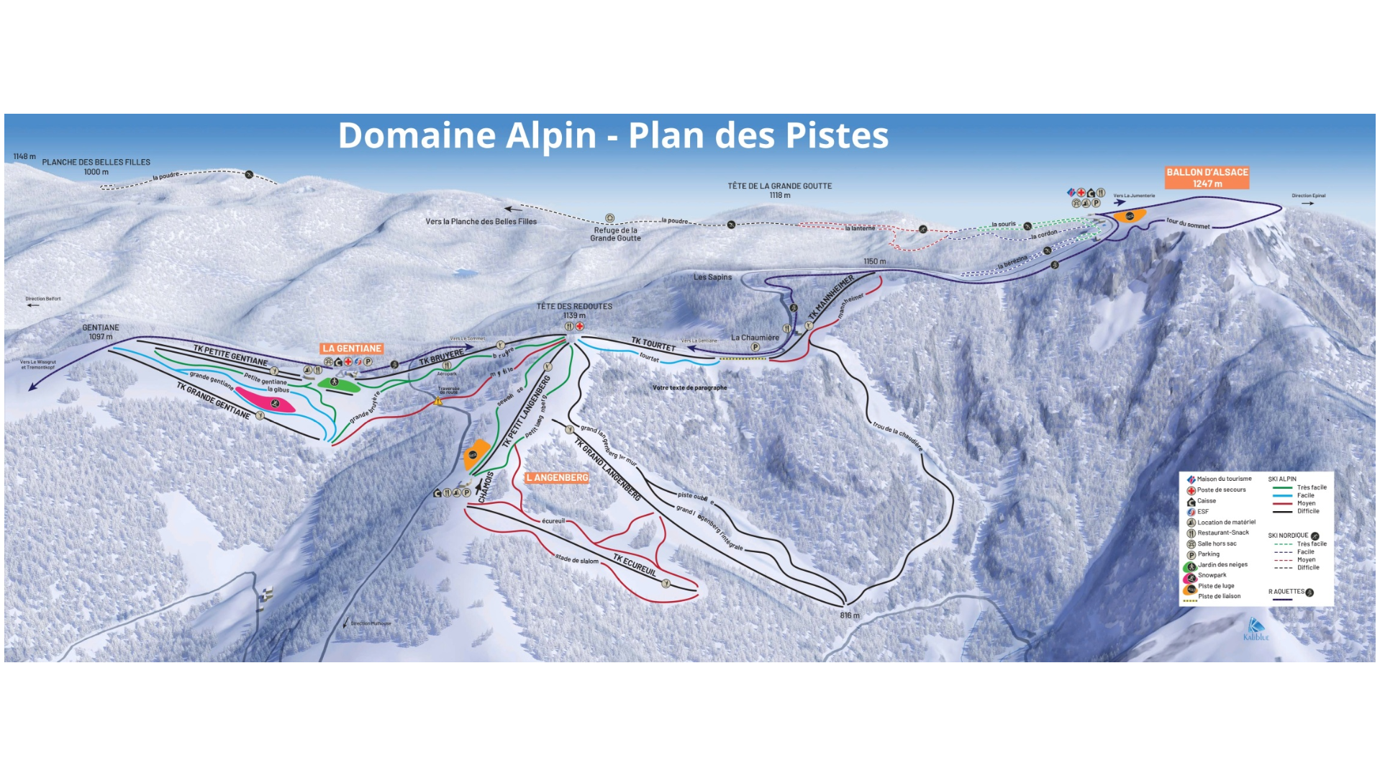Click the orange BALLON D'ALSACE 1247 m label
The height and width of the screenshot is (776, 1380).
pos(1207,178)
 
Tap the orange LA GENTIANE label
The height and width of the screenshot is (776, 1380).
pos(351,348)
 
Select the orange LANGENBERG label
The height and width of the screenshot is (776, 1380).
pos(557,478)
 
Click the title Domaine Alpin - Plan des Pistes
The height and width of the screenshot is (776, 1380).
pos(613,135)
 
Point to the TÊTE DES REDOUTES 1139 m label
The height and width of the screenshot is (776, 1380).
pos(574,310)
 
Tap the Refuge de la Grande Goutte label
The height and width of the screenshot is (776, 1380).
pos(615,234)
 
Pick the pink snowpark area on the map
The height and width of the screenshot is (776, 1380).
pos(265,400)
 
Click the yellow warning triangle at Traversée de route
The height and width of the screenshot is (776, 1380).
pos(438,401)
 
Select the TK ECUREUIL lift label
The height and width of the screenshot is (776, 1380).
pos(635,565)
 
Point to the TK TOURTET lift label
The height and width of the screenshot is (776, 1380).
pos(653,344)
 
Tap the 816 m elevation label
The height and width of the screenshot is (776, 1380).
pos(850,615)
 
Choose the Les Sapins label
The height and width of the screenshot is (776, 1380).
pos(712,277)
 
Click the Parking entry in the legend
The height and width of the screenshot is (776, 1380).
pos(1208,554)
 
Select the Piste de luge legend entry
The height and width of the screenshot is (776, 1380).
pos(1215,586)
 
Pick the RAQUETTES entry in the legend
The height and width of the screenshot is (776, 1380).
pos(1286,592)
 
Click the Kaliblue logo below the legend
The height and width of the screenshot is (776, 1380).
pos(1256,629)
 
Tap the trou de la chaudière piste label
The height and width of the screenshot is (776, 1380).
pos(897,435)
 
